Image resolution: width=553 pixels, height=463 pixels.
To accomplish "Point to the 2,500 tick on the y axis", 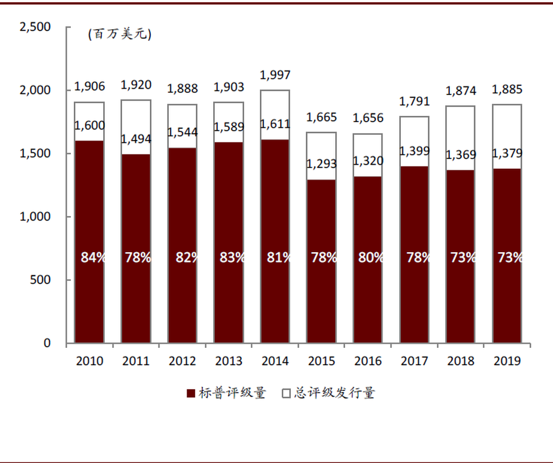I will (x=35, y=27).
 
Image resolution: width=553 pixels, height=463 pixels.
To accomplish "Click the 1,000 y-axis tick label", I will (x=35, y=217).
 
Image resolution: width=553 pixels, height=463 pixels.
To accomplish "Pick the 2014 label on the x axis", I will (x=275, y=361).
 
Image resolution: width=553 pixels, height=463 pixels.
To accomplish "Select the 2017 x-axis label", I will (x=414, y=361).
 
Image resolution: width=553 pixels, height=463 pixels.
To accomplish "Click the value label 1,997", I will (x=275, y=75).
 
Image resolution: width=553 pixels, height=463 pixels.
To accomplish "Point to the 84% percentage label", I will (x=93, y=257).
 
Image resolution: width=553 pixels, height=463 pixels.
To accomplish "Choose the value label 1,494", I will (x=136, y=139).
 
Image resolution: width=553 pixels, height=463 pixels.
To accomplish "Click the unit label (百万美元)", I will (x=119, y=35).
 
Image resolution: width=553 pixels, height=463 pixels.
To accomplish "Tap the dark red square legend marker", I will (x=191, y=394).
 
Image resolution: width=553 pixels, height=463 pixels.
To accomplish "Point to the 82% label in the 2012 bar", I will (x=185, y=257).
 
